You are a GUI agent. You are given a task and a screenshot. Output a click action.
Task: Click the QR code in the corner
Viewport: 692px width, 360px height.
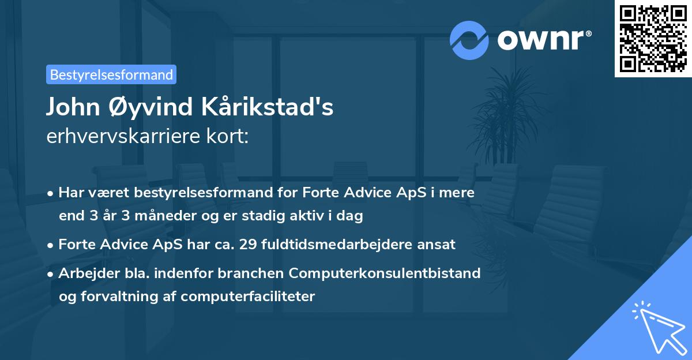pos(653,38)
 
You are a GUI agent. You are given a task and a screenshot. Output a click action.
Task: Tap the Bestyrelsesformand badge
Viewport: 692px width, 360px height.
pos(111,74)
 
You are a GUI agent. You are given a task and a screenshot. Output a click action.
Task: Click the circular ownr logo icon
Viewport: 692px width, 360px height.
pos(469,40)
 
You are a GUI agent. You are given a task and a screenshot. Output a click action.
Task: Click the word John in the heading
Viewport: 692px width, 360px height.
pos(71,108)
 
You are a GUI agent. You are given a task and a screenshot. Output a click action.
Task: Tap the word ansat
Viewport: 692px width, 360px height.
pos(439,245)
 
